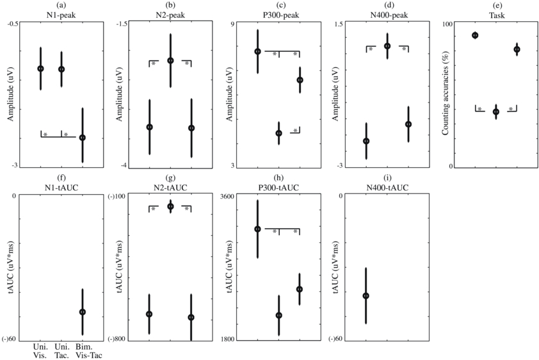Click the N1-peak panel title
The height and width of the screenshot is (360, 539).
[x=61, y=14]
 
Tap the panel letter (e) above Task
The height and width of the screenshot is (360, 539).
[x=496, y=5]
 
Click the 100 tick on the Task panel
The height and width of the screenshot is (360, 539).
[x=447, y=24]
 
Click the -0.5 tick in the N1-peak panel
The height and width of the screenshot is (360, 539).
[x=12, y=24]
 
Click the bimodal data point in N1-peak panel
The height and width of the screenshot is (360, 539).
[x=82, y=138]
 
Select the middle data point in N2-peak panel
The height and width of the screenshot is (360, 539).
[x=170, y=60]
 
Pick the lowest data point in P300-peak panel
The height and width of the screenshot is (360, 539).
[x=278, y=133]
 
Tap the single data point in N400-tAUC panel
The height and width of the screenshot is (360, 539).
[x=366, y=296]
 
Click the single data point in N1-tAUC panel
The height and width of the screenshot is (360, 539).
[x=82, y=312]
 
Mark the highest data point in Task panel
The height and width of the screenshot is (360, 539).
[x=475, y=35]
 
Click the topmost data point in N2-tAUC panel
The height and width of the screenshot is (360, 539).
[x=170, y=206]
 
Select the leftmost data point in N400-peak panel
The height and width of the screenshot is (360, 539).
[x=366, y=141]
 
